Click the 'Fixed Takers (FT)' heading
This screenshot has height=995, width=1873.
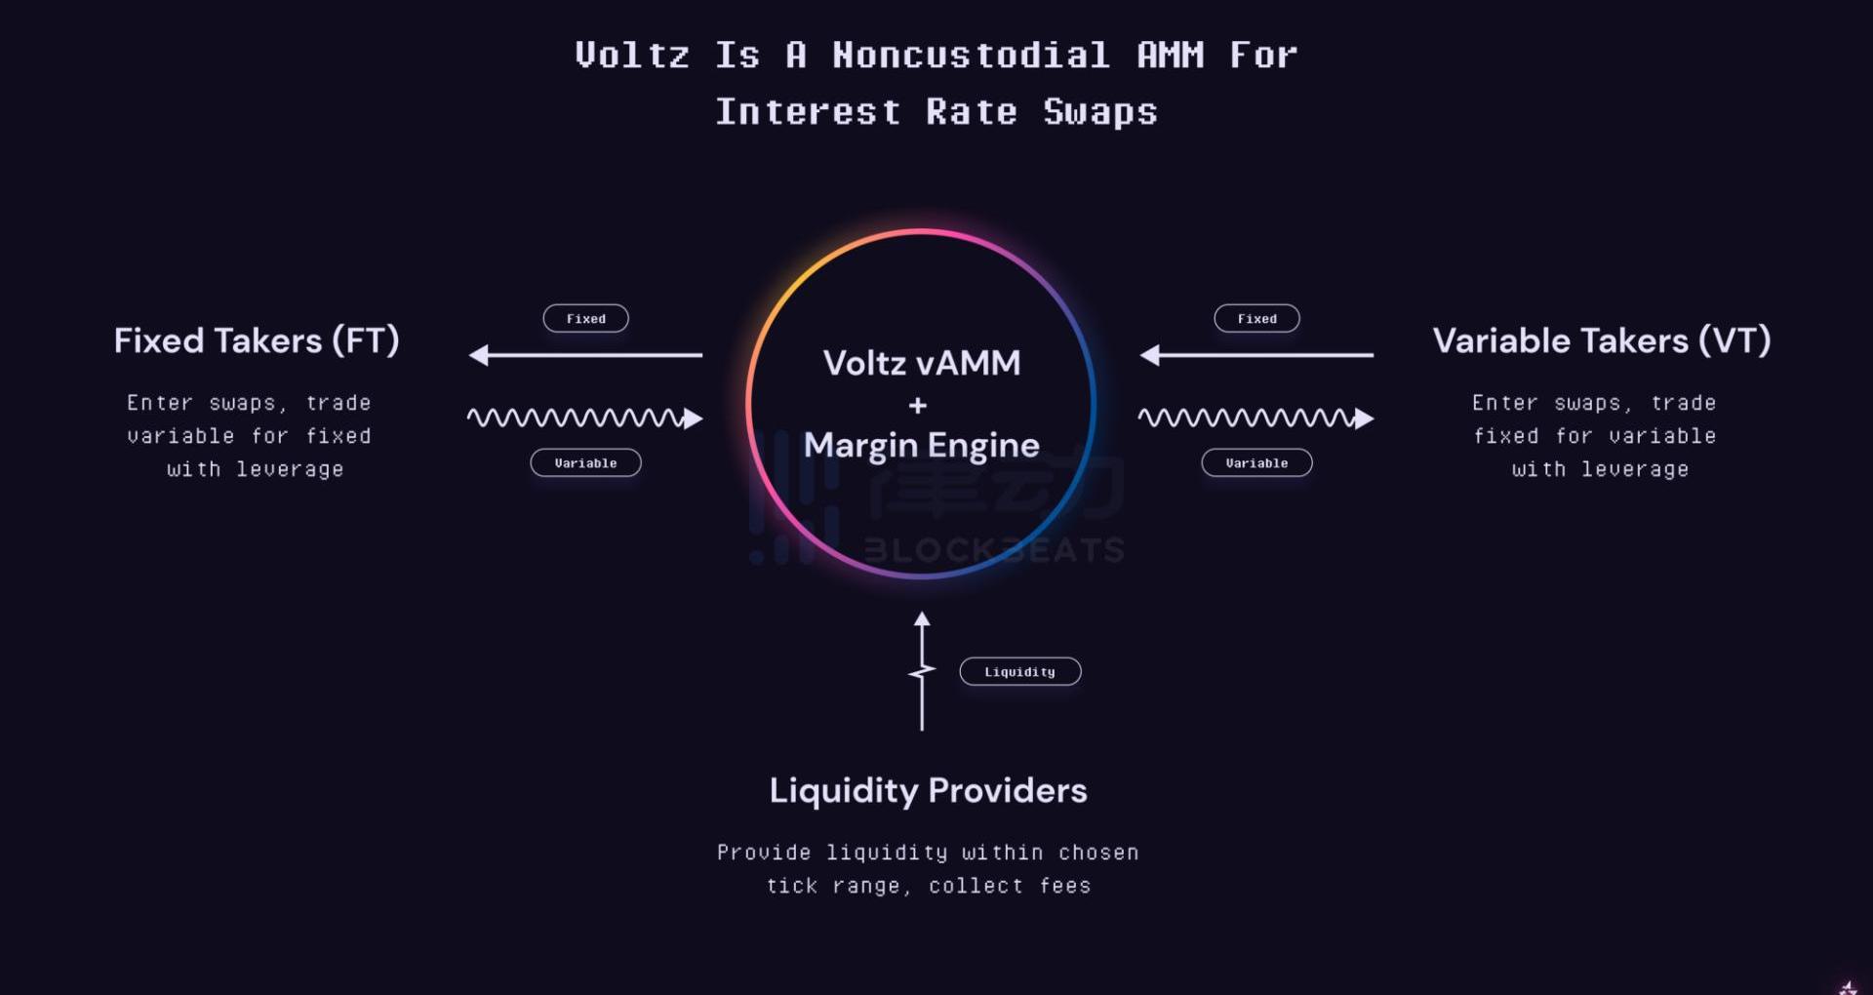(257, 340)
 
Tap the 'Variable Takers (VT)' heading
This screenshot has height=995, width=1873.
(1601, 340)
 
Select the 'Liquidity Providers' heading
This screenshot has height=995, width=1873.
(928, 790)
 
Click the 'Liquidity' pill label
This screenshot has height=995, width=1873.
(1019, 671)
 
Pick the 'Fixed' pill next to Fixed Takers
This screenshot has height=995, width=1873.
(585, 318)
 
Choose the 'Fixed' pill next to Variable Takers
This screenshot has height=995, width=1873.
(1256, 318)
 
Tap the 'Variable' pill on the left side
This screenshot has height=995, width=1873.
(585, 462)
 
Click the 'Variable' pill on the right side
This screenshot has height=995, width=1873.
(1256, 462)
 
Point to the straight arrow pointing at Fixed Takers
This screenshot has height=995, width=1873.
(585, 355)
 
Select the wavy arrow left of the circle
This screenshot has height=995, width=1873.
(585, 418)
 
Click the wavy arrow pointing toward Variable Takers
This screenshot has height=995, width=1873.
(1256, 418)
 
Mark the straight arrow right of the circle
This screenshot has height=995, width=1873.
(1256, 355)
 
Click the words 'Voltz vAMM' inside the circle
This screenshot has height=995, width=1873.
(922, 363)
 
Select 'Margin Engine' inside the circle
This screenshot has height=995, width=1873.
(922, 445)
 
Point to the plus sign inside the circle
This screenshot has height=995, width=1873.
(918, 405)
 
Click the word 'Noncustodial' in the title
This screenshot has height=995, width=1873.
(971, 55)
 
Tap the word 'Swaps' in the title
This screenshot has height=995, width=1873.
(1100, 111)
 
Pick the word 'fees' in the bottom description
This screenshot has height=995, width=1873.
(1064, 886)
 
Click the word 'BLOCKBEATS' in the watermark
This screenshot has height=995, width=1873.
(993, 550)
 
